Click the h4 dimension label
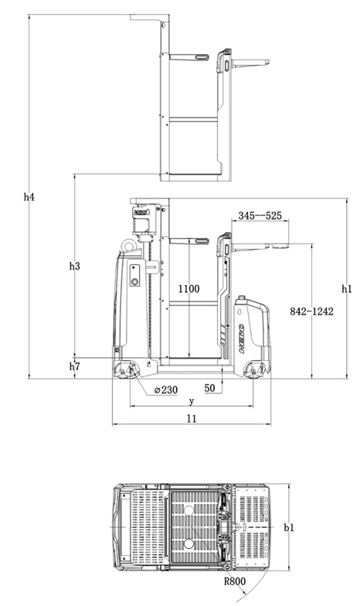29,197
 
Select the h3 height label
74,266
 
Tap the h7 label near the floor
74,366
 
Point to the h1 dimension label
347,289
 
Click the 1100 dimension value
188,289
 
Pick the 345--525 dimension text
260,215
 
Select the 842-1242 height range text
311,311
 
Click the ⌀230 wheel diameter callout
166,390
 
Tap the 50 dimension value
210,388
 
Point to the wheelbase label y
192,402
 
